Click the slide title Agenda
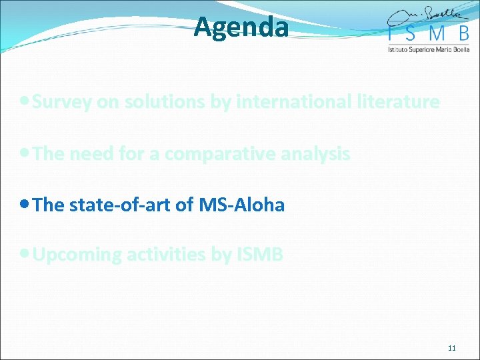241,28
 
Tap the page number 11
451,348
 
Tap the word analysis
317,154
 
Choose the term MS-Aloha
241,205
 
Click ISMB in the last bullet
260,255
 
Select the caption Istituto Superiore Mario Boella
429,49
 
